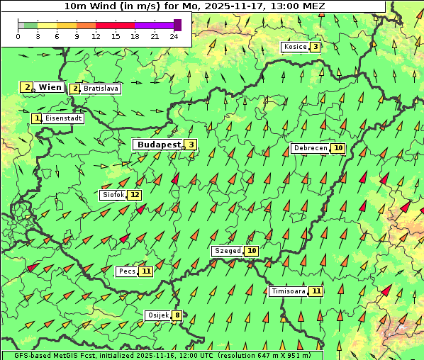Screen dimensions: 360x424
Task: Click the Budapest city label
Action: click(159, 145)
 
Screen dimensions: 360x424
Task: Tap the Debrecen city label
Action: click(310, 148)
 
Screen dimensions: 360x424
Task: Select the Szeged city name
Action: click(227, 251)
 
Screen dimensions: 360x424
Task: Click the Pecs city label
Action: click(127, 271)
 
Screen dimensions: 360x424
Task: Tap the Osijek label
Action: click(157, 315)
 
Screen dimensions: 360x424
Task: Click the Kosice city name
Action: click(294, 47)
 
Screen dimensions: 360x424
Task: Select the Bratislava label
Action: click(101, 89)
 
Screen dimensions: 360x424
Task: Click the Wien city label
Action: click(50, 87)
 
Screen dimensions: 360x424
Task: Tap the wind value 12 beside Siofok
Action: click(135, 195)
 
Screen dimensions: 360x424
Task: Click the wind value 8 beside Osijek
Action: click(177, 315)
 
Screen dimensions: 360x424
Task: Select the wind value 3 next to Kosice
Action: click(315, 47)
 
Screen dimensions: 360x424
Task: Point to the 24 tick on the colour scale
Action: click(174, 36)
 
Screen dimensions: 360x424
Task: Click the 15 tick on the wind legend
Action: click(116, 36)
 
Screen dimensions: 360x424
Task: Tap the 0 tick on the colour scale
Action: click(18, 36)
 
